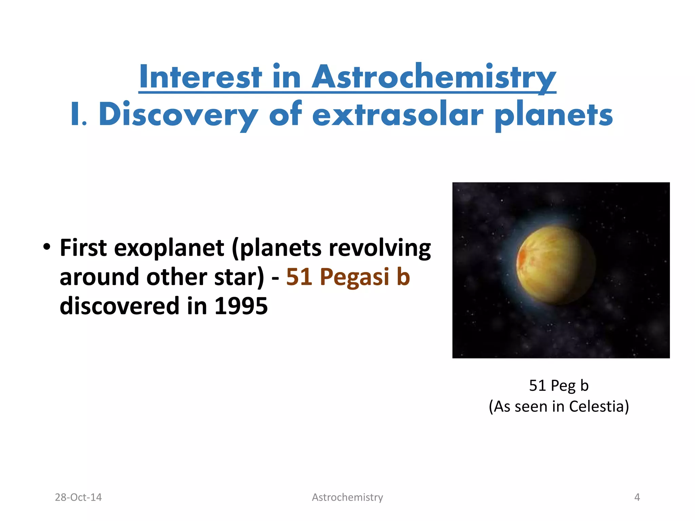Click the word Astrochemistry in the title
pos(434,77)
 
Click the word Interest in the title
pos(200,77)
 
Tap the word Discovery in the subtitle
pos(178,115)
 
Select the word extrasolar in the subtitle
pos(397,115)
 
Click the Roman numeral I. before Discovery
pos(78,115)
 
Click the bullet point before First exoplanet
pos(47,247)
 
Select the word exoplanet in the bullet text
pos(169,248)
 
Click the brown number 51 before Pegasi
pos(299,277)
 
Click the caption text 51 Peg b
pos(559,386)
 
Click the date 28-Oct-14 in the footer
pos(78,497)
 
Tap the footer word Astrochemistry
pos(347,497)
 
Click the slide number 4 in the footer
pos(637,497)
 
